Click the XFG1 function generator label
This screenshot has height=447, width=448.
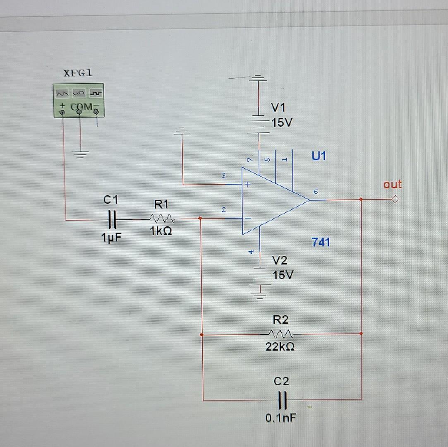tap(78, 73)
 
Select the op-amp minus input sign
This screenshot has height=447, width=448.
tap(248, 218)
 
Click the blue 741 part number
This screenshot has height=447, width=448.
tap(321, 242)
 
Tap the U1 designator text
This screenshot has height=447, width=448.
tap(319, 156)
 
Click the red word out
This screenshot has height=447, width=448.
tap(392, 184)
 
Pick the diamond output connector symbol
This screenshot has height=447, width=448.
tap(395, 200)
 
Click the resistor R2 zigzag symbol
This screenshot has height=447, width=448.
tap(281, 334)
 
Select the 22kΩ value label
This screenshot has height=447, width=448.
tap(280, 347)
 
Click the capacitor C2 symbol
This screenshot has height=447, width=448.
tap(282, 400)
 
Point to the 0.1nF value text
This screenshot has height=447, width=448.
tap(281, 418)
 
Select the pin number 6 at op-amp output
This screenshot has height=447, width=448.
tap(315, 192)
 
